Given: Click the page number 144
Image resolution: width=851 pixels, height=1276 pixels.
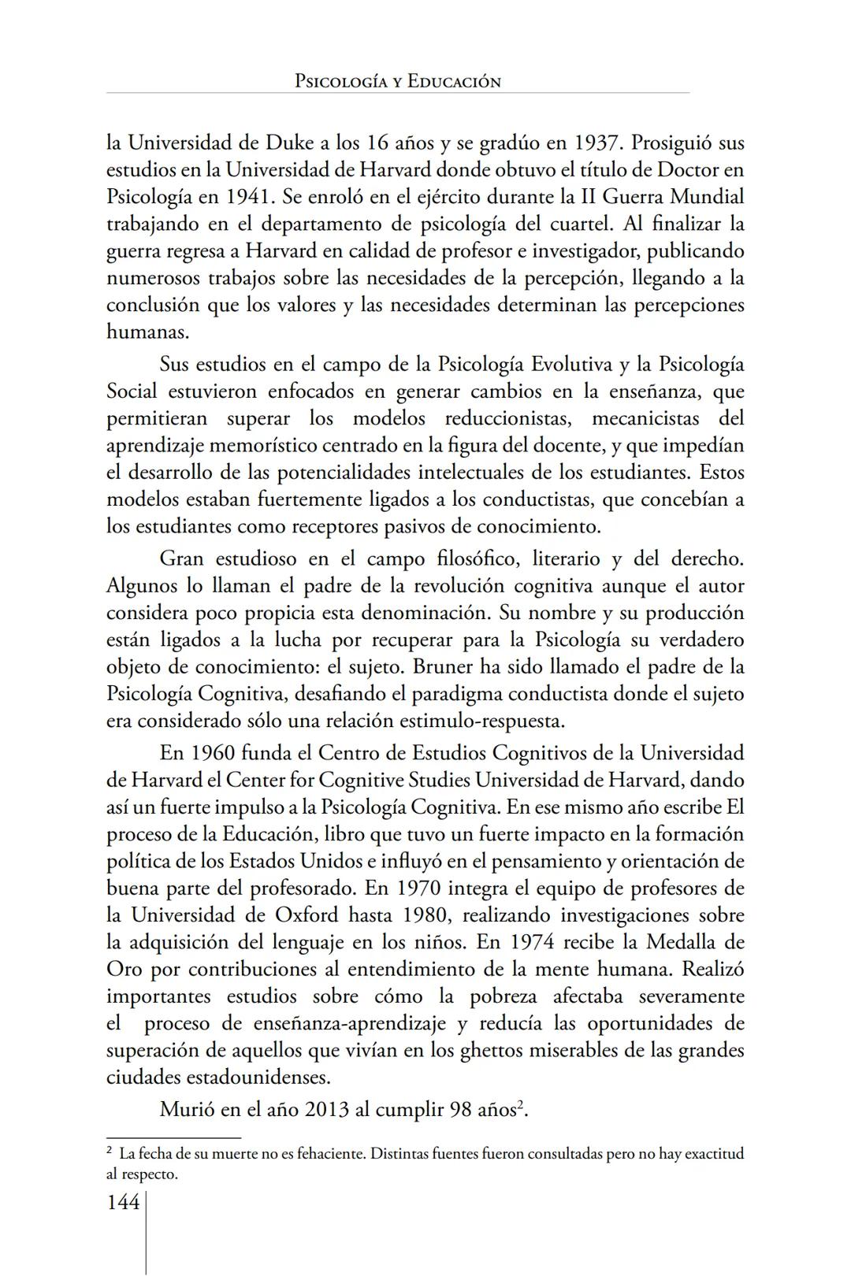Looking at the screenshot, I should tap(123, 1202).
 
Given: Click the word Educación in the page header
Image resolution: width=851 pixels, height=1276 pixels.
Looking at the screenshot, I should tap(454, 81).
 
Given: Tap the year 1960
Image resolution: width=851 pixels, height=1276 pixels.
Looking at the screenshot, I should tap(212, 752).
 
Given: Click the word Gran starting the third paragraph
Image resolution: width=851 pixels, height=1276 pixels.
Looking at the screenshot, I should tap(182, 558).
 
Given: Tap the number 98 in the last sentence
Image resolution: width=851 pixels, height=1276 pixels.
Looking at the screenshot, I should tap(460, 1110).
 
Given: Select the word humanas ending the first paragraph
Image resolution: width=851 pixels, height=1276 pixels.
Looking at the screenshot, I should tap(147, 332).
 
